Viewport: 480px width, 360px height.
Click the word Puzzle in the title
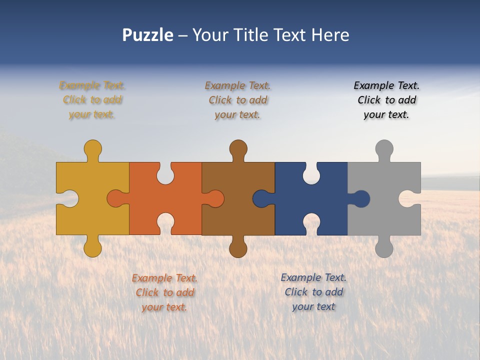point(147,35)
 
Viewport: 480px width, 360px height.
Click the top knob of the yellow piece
point(92,148)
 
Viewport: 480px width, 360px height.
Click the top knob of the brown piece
point(238,148)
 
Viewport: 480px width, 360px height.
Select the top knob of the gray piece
point(384,148)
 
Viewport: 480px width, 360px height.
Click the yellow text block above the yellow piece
point(92,100)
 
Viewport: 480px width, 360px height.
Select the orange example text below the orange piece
point(164,292)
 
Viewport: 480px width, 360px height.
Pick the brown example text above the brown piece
point(238,100)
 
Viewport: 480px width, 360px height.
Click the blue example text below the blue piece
point(313,292)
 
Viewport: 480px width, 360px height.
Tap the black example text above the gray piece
point(386,100)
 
